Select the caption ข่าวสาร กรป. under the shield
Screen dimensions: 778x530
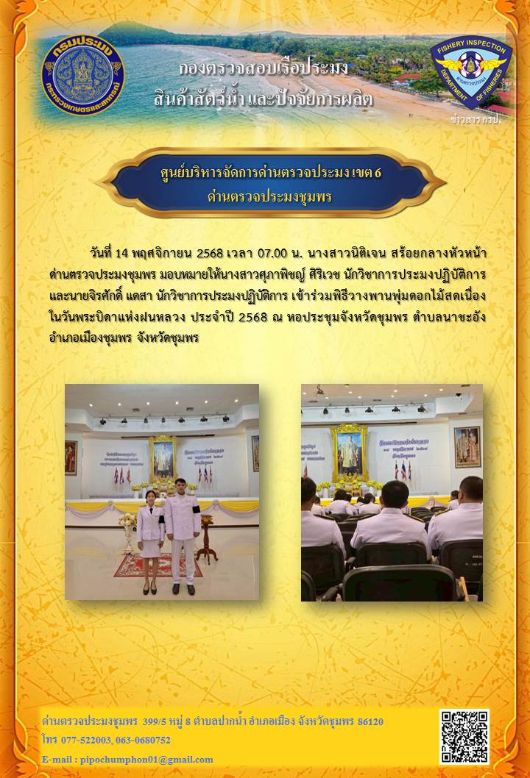point(475,119)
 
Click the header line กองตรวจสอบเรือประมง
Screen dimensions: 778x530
point(264,69)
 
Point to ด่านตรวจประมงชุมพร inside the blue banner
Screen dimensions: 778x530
point(269,197)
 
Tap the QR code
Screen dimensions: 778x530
point(464,736)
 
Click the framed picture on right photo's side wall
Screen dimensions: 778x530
point(467,446)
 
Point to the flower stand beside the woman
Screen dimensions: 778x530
point(128,533)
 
